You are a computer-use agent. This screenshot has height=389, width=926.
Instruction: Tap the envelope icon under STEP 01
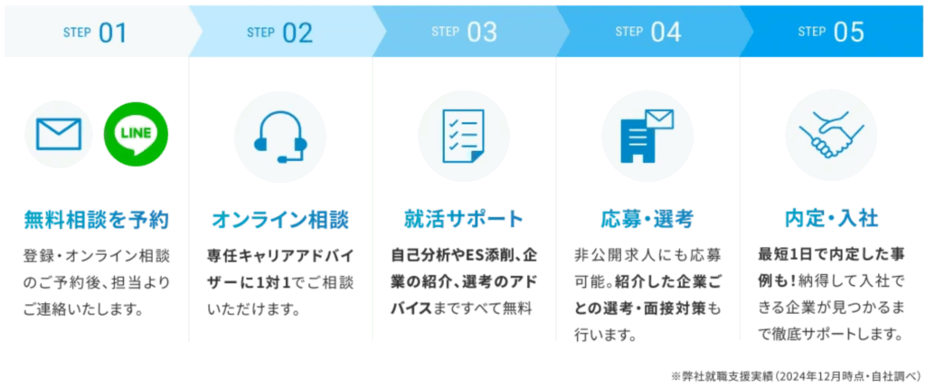pos(59,134)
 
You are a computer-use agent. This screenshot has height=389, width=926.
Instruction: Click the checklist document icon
pos(464,136)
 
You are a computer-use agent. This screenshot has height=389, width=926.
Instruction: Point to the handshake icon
pos(831,136)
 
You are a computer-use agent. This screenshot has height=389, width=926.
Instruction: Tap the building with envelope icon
pos(647,136)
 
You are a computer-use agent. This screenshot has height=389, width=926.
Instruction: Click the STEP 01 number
pos(113,33)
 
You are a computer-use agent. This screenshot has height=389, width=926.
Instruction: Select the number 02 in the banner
pos(297,33)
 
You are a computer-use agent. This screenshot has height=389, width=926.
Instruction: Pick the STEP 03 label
pos(464,33)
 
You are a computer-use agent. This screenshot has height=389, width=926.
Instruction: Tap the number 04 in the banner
pos(666,33)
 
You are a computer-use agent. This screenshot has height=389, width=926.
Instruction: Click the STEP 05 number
pos(848,33)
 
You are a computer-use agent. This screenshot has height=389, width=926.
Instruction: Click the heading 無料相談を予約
pos(96,220)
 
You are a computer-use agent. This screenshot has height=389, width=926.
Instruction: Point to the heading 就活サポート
pos(464,219)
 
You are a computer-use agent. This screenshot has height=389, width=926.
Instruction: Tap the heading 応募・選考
pos(647,220)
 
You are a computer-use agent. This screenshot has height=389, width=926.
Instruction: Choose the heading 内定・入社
pos(831,219)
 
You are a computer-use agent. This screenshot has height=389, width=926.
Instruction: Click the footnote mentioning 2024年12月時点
pos(796,375)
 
